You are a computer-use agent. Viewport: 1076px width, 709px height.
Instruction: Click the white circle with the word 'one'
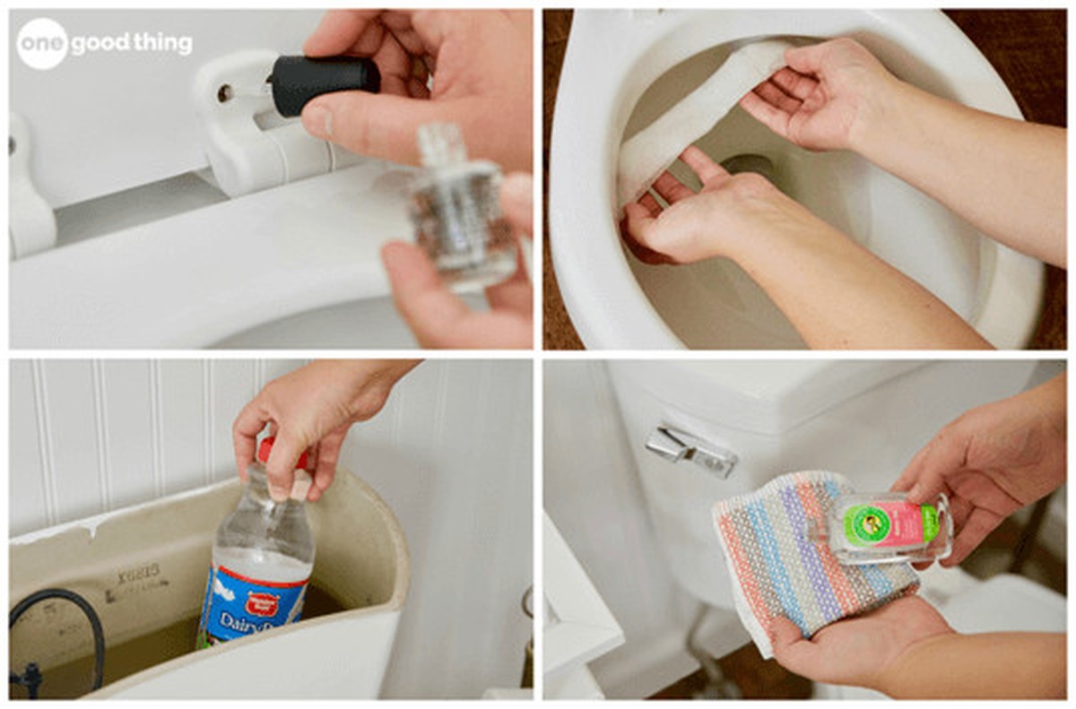(42, 43)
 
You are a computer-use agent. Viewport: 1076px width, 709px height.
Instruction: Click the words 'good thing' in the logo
(133, 43)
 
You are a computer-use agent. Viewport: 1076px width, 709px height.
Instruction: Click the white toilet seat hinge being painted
(242, 125)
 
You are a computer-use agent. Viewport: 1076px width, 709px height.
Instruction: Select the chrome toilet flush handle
(690, 449)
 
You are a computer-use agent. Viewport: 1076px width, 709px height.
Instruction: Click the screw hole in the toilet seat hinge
(224, 92)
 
